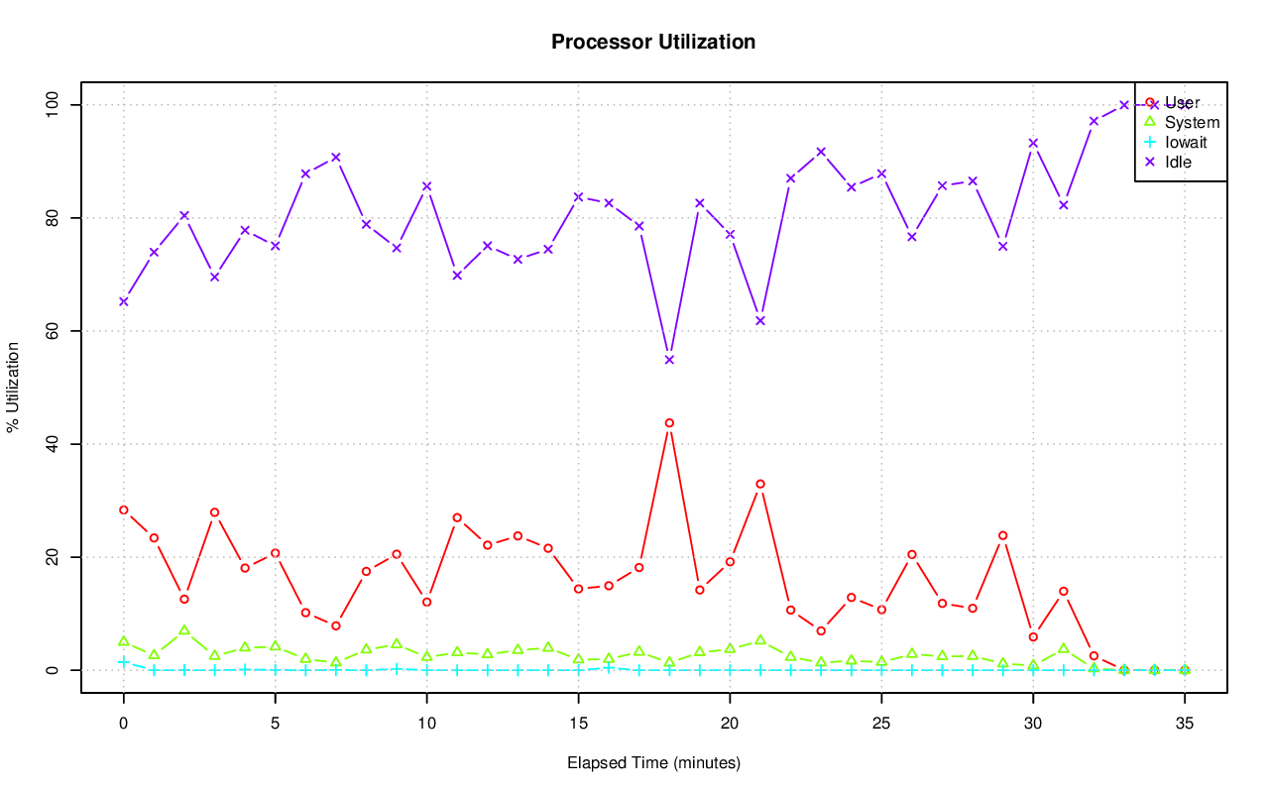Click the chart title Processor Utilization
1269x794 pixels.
tap(653, 43)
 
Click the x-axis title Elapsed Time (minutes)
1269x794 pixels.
tap(653, 763)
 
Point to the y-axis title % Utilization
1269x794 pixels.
tap(14, 387)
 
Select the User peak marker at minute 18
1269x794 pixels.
tap(669, 423)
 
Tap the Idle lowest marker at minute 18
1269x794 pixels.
tap(669, 360)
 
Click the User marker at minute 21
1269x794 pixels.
tap(760, 484)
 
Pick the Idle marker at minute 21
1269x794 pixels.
tap(760, 321)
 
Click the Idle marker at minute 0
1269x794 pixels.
tap(124, 301)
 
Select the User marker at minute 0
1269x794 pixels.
tap(124, 510)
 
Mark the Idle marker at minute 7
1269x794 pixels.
tap(336, 157)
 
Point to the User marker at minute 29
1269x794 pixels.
tap(1002, 535)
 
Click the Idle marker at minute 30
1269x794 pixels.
tap(1033, 143)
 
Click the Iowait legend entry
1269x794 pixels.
tap(1185, 143)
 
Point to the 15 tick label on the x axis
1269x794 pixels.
tap(578, 725)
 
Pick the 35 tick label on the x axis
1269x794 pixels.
tap(1185, 725)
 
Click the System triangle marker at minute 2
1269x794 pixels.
tap(184, 630)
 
